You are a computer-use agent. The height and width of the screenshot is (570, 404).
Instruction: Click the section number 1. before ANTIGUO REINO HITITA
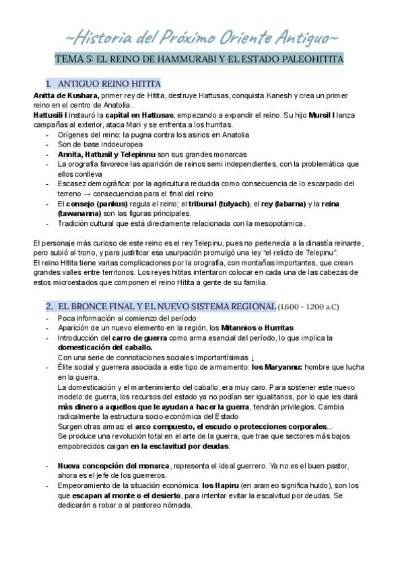point(48,84)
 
